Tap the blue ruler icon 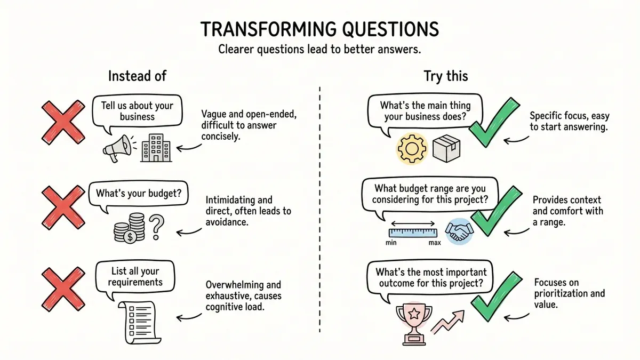point(413,232)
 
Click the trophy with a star point(411,322)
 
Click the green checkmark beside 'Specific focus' point(495,123)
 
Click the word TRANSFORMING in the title point(254,29)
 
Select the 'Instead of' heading point(137,76)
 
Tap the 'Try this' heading point(446,76)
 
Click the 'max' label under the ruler point(434,243)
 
